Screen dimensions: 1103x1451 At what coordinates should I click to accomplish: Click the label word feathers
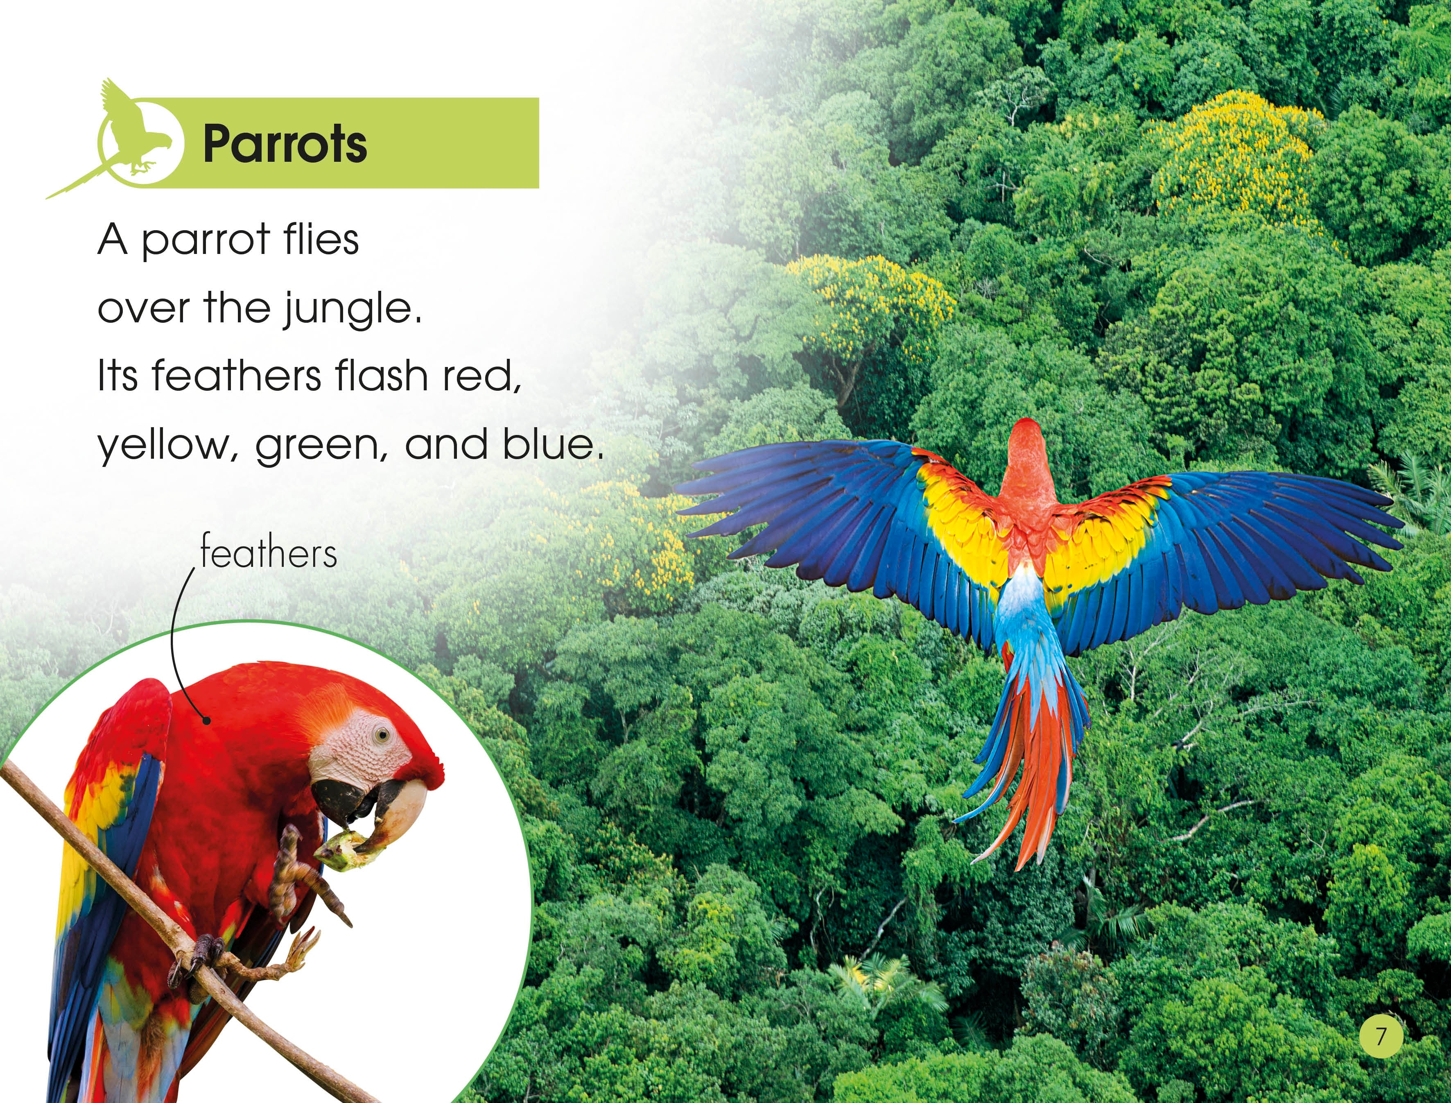click(x=269, y=553)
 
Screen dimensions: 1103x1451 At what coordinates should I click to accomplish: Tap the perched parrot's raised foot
click(x=302, y=873)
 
